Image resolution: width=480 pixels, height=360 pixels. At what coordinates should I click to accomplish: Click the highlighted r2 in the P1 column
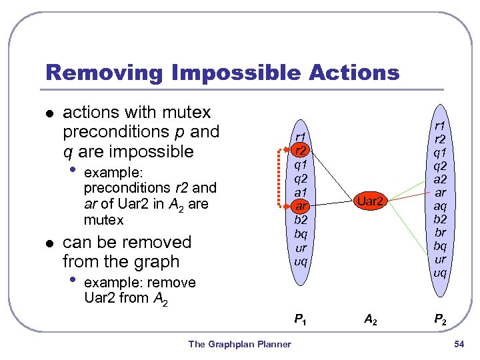coord(301,151)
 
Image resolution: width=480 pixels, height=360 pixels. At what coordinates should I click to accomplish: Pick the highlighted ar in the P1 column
coord(301,206)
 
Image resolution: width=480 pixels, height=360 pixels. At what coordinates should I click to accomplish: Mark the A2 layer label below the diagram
coord(370,320)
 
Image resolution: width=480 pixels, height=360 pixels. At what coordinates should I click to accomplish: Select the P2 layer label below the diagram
coord(440,320)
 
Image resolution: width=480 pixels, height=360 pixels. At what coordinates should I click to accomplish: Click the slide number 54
coord(458,344)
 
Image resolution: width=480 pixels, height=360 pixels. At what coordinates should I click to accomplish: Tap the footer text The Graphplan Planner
coord(239,344)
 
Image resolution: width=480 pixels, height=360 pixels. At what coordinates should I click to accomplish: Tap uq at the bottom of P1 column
coord(301,261)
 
